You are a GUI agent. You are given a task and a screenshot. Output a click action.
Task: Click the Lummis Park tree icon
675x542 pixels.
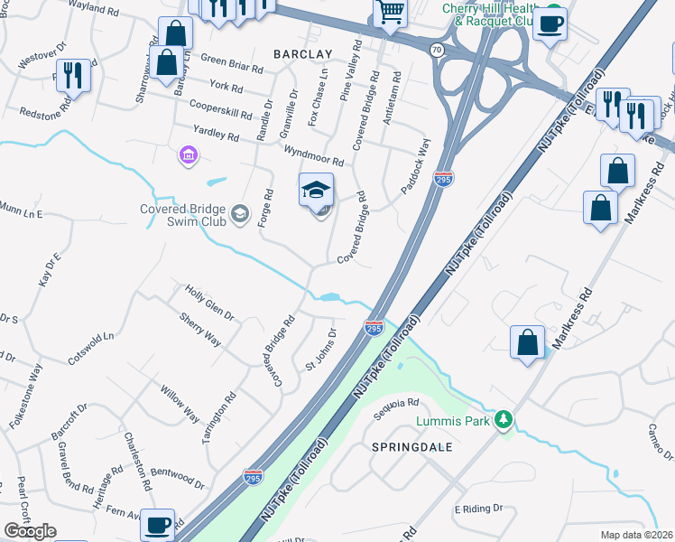[x=505, y=420]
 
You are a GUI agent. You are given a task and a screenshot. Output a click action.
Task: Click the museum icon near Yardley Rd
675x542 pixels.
[x=188, y=157]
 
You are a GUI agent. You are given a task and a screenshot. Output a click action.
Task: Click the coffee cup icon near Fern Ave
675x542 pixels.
[x=158, y=523]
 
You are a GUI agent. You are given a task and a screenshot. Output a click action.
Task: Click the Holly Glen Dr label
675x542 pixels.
[x=209, y=304]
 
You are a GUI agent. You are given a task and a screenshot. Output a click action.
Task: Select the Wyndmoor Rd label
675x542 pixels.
[x=313, y=155]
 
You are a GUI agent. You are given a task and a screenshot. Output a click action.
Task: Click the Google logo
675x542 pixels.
[x=31, y=531]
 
